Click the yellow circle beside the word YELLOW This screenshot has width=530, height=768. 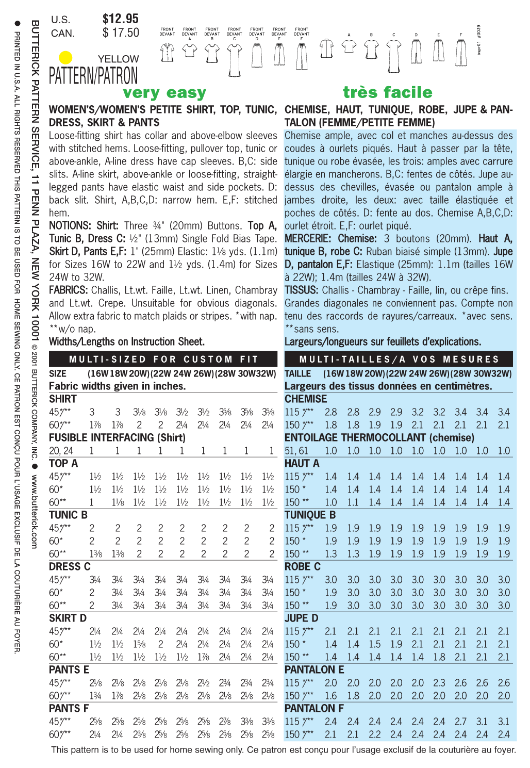click(x=65, y=57)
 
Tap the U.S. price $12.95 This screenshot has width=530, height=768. click(x=121, y=19)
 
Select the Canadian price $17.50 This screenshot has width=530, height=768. click(x=121, y=33)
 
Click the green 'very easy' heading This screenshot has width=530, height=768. click(x=164, y=93)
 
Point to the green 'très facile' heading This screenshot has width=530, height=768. click(x=388, y=92)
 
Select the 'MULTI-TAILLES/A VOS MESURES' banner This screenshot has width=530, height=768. click(x=399, y=359)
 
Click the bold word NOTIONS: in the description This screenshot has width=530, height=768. click(x=70, y=226)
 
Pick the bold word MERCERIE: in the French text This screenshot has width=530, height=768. click(x=308, y=239)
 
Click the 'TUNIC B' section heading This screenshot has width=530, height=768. click(x=68, y=515)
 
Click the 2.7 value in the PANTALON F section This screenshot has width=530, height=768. click(x=460, y=722)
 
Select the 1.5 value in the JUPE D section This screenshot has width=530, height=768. click(x=374, y=644)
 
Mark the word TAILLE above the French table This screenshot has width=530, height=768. click(x=298, y=373)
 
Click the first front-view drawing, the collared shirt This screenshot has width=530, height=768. click(x=167, y=52)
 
